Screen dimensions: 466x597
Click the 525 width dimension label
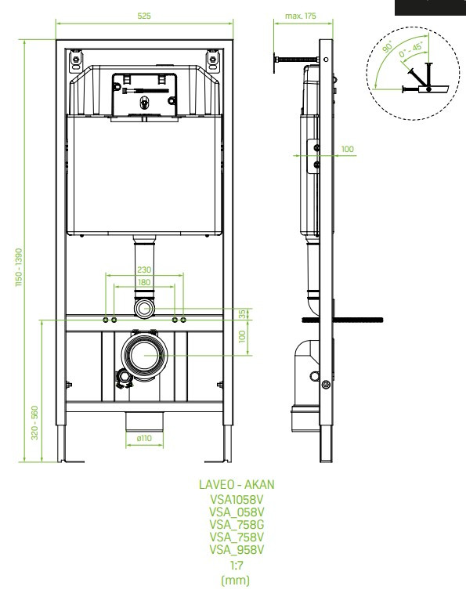click(x=144, y=16)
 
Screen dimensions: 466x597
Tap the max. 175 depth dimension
click(x=301, y=16)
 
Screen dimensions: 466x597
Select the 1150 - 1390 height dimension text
click(x=19, y=267)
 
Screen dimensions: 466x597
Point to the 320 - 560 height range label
click(x=34, y=422)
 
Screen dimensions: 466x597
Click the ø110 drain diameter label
click(x=144, y=438)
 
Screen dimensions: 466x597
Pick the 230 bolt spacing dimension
click(x=144, y=270)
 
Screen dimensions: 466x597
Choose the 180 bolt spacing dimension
click(x=144, y=282)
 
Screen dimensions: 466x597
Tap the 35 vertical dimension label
click(x=242, y=314)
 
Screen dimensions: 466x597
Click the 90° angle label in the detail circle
click(x=387, y=46)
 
